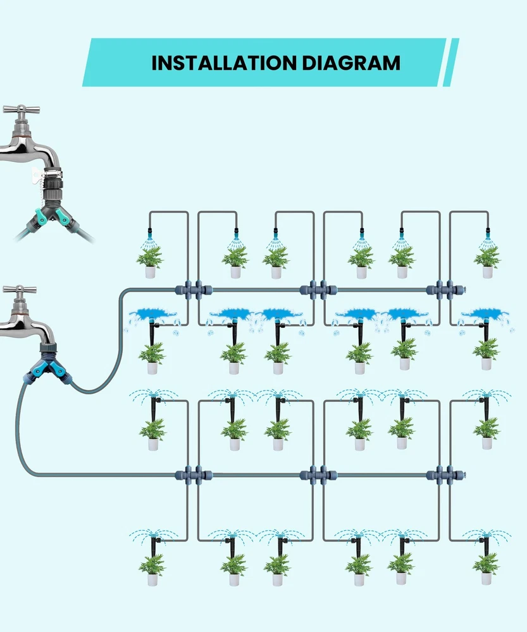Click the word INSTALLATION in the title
221,63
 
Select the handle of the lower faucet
19,291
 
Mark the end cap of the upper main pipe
462,291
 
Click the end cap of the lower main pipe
462,475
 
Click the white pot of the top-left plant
150,272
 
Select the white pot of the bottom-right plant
486,578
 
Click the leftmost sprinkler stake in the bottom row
154,545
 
